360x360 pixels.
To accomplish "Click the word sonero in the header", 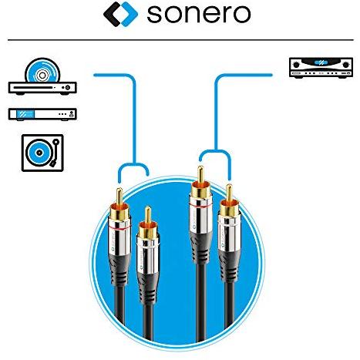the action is (x=198, y=14).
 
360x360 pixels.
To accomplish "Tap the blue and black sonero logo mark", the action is (x=120, y=14).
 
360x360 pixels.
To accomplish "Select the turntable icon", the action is (x=42, y=153).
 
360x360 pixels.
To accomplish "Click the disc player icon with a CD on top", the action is (x=42, y=76).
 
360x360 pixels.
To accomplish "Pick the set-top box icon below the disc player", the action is (x=42, y=114).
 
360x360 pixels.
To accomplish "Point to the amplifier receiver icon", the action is (x=321, y=68).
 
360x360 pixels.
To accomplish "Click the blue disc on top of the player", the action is (x=42, y=70).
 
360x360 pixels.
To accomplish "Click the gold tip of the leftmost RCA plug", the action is (x=119, y=196).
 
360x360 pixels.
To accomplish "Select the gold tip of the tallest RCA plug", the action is (x=200, y=174).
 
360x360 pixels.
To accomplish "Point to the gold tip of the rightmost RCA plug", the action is (x=229, y=193).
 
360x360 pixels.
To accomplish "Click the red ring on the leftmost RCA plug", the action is (x=119, y=228).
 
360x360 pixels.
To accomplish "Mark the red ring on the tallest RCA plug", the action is (x=200, y=206).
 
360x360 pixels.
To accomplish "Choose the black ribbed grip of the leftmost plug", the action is (x=119, y=268).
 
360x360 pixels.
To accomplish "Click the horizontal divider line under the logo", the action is (x=180, y=40).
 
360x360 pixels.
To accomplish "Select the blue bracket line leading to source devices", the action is (x=134, y=121).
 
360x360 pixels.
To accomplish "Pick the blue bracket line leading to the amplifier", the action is (x=216, y=113).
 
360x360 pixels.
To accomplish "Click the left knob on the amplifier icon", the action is (x=296, y=64).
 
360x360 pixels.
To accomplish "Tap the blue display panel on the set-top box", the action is (x=25, y=114).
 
